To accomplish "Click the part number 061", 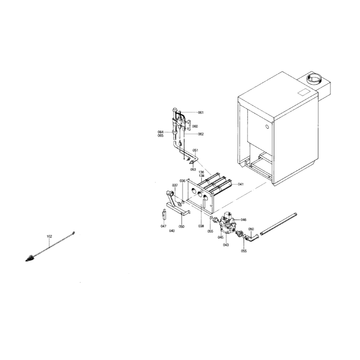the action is (201, 112).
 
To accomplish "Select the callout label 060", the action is (195, 126).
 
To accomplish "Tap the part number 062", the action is (201, 134).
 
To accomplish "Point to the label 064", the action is (161, 132).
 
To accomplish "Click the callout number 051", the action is (195, 150).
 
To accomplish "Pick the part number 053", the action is (193, 170).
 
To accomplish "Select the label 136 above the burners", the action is (201, 172).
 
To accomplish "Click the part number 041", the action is (241, 184).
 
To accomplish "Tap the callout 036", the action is (182, 181).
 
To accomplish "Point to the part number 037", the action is (175, 185).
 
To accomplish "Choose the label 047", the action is (163, 226).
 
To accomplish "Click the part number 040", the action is (172, 231).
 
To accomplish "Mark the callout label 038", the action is (201, 226).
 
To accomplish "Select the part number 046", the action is (243, 220).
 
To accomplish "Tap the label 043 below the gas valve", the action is (226, 245).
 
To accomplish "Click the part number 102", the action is (49, 236).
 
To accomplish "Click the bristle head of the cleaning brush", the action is (30, 258).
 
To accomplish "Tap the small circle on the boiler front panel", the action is (267, 126).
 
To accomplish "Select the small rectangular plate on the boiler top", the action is (304, 92).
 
